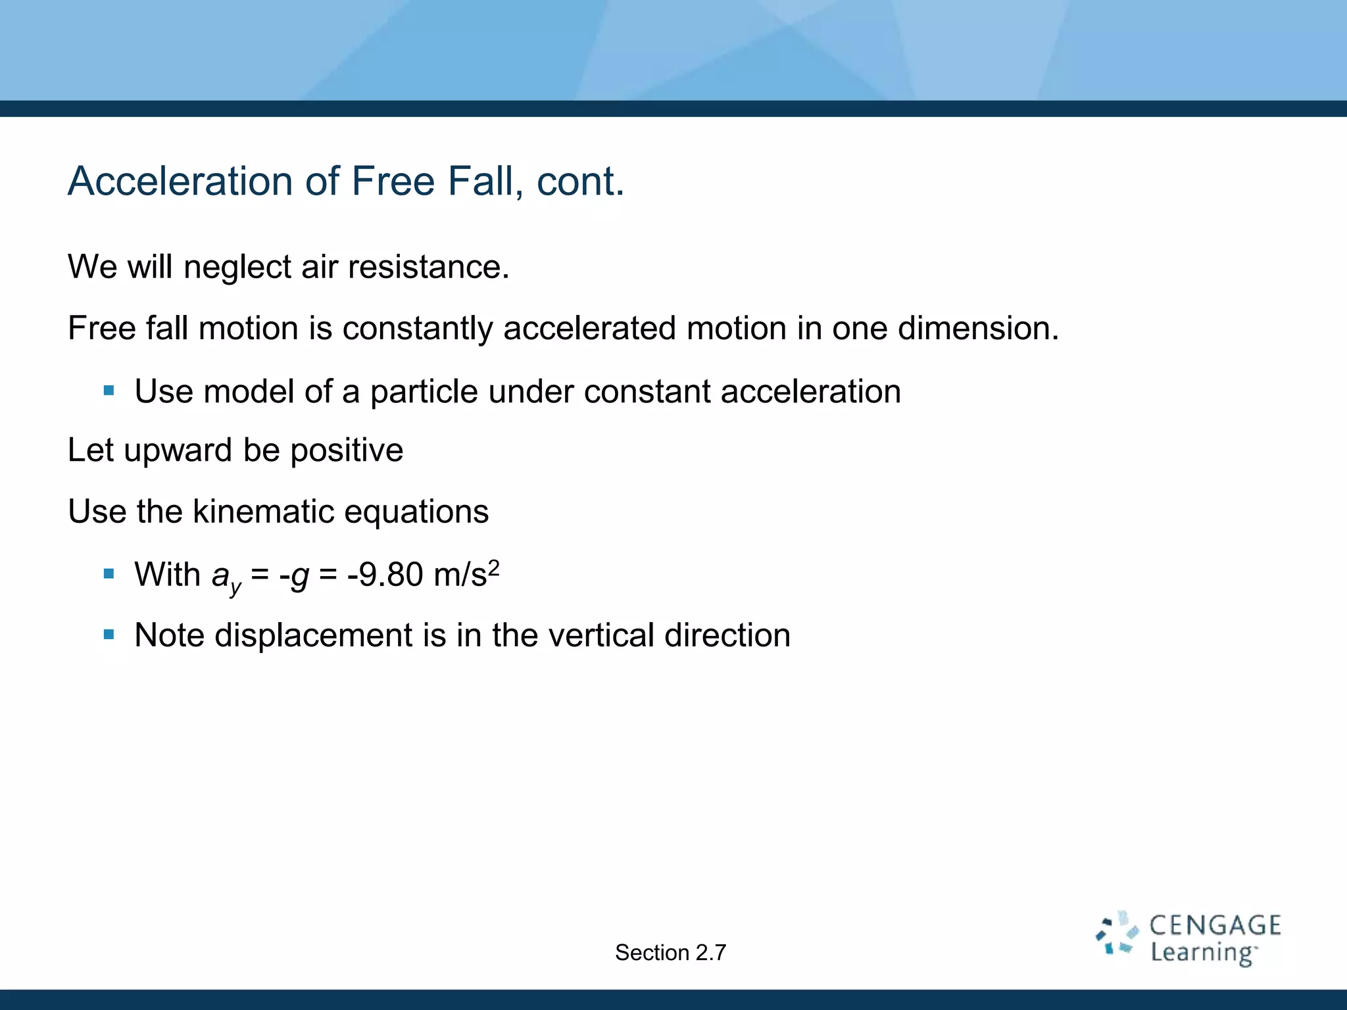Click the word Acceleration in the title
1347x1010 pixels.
click(180, 181)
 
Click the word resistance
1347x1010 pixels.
click(428, 267)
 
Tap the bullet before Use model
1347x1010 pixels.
click(109, 391)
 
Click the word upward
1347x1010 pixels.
click(178, 450)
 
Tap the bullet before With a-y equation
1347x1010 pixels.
click(109, 574)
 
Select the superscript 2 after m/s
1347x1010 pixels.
click(494, 566)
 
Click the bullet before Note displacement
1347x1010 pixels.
click(109, 635)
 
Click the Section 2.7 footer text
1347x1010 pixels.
click(670, 952)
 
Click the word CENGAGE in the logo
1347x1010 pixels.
click(1215, 926)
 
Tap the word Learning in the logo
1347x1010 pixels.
click(1202, 953)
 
